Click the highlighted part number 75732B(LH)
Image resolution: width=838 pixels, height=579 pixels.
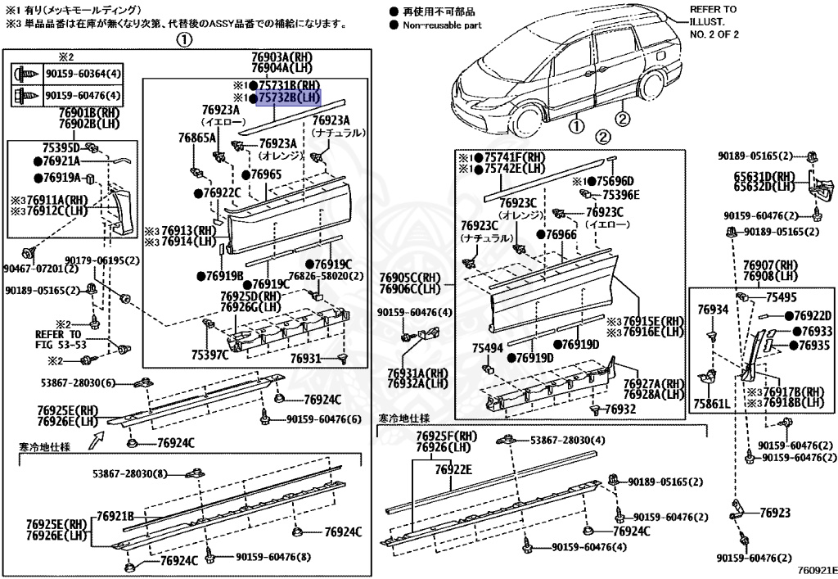[x=288, y=98]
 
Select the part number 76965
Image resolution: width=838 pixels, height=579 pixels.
[x=266, y=174]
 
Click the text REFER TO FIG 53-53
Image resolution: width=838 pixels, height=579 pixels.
[x=59, y=340]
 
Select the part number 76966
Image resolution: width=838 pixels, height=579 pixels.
[x=561, y=235]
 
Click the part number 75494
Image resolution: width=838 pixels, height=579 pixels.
[x=488, y=347]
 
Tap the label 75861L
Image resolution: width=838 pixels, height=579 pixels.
[x=710, y=405]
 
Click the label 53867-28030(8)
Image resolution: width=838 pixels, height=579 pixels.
[x=130, y=473]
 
